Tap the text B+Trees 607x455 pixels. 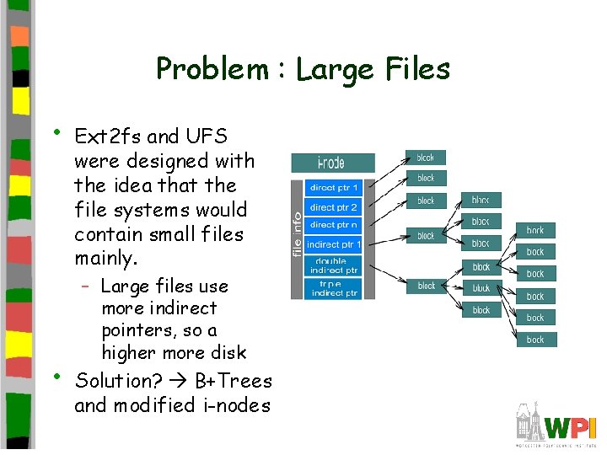tap(234, 381)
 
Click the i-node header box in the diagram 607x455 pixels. tap(333, 163)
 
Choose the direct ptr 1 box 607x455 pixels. tap(334, 188)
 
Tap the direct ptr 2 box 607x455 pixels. tap(334, 207)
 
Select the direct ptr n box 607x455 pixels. tap(334, 225)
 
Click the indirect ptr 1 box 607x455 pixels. tap(334, 244)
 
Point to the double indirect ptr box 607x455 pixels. tap(334, 265)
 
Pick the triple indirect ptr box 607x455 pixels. tap(334, 288)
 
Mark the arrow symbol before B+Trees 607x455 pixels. tap(179, 382)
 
